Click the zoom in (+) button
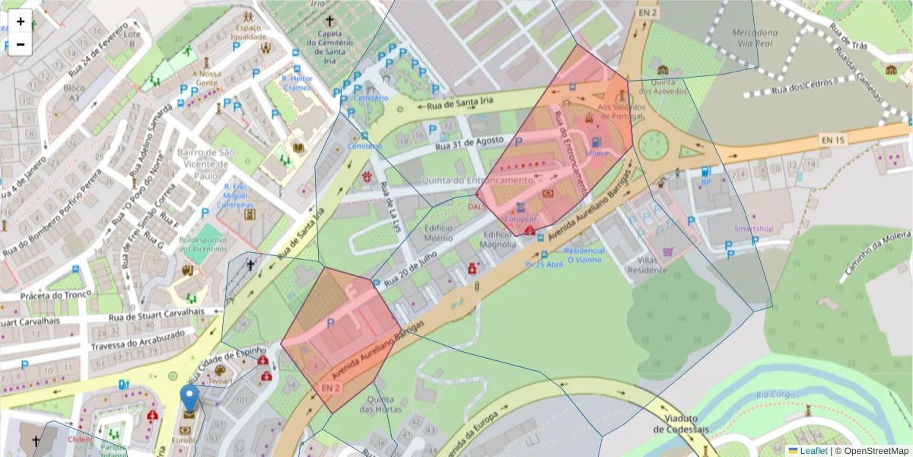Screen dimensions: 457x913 click(21, 21)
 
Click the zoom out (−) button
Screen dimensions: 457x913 click(21, 44)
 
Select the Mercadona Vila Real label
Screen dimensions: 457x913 click(755, 38)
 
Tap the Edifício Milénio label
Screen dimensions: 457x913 click(439, 233)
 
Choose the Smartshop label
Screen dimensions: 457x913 click(753, 228)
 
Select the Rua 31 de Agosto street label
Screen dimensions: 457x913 click(469, 143)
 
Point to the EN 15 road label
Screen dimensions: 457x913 click(833, 139)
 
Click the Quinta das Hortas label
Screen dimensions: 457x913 click(380, 404)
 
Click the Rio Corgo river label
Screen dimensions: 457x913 click(776, 395)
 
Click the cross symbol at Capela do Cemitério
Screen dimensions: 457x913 click(329, 21)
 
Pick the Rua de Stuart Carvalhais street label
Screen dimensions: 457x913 click(157, 311)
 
